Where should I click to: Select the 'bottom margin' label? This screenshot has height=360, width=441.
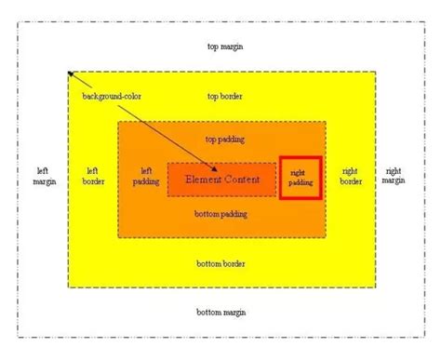pyautogui.click(x=221, y=312)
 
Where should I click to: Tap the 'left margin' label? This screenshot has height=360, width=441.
pyautogui.click(x=42, y=176)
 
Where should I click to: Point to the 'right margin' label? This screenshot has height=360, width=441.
pyautogui.click(x=393, y=176)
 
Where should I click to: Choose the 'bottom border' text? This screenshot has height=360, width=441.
pyautogui.click(x=221, y=263)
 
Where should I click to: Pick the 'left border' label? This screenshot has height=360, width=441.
pyautogui.click(x=93, y=176)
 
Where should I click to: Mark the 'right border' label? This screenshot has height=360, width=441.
pyautogui.click(x=351, y=176)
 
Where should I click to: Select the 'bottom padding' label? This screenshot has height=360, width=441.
pyautogui.click(x=221, y=215)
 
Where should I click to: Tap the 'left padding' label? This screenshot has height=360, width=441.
pyautogui.click(x=145, y=176)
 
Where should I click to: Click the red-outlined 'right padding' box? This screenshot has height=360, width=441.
pyautogui.click(x=300, y=177)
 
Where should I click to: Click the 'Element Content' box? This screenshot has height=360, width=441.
pyautogui.click(x=221, y=178)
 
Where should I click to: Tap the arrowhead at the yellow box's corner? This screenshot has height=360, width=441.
pyautogui.click(x=70, y=74)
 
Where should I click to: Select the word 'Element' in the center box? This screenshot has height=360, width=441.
pyautogui.click(x=202, y=178)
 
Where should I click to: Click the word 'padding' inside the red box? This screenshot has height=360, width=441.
pyautogui.click(x=300, y=183)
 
